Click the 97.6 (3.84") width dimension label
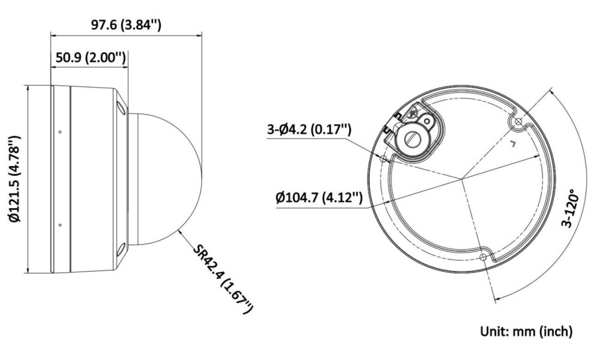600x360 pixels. [x=126, y=25]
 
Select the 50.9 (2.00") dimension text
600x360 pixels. [x=91, y=58]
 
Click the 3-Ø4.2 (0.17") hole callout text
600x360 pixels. [x=309, y=130]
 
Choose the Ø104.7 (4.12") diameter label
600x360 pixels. [x=319, y=198]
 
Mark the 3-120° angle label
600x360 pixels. [x=570, y=208]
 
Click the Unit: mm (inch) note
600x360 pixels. [x=527, y=331]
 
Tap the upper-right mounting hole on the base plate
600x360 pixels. [x=518, y=122]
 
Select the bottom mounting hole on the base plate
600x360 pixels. [x=483, y=256]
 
